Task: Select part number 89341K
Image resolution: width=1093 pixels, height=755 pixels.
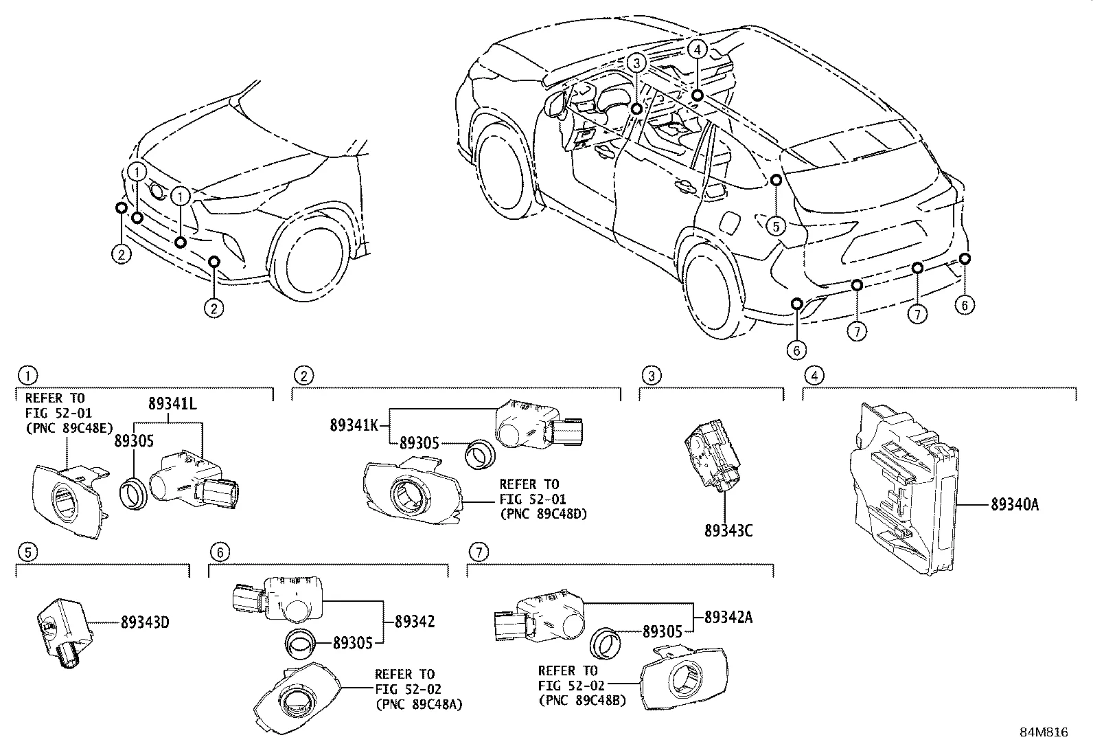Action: [354, 425]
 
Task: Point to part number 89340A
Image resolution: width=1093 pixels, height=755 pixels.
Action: [1014, 506]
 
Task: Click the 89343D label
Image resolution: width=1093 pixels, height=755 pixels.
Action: [145, 623]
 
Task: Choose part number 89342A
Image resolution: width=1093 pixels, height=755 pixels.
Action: [728, 617]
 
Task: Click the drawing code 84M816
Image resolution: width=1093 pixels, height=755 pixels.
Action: [1043, 732]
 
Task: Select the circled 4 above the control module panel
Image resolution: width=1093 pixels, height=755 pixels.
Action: [814, 376]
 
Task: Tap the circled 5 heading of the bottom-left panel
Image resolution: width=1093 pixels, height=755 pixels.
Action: [26, 552]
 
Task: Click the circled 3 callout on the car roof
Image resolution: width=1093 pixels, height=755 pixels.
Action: [637, 63]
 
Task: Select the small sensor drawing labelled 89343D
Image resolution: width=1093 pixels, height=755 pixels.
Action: [62, 629]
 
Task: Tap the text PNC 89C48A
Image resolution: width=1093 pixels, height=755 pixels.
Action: [418, 703]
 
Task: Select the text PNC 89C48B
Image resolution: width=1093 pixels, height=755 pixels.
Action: [582, 700]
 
